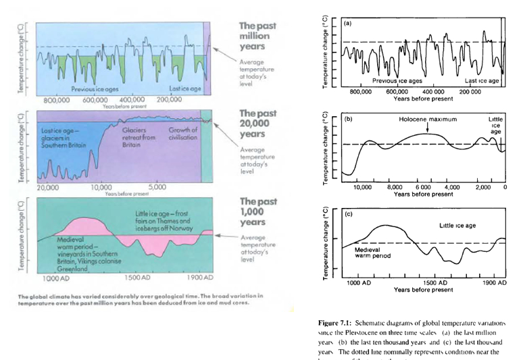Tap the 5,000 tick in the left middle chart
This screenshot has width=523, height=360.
click(156, 186)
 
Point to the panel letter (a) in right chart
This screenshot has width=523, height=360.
click(349, 23)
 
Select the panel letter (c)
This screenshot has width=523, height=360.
click(349, 215)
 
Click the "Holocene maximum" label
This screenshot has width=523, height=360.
click(427, 119)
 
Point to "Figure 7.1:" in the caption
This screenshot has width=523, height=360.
click(345, 324)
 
